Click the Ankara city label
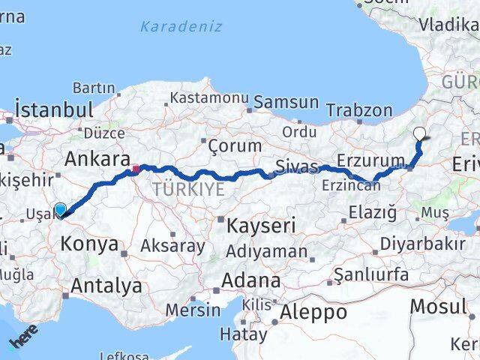pyautogui.click(x=97, y=159)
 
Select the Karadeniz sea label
pyautogui.click(x=181, y=26)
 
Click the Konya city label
pyautogui.click(x=88, y=244)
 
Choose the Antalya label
pyautogui.click(x=107, y=285)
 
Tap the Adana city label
pyautogui.click(x=251, y=282)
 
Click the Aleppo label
pyautogui.click(x=314, y=312)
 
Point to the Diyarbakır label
pyautogui.click(x=422, y=244)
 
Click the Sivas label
pyautogui.click(x=297, y=165)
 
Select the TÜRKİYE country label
pyautogui.click(x=188, y=190)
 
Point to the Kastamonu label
pyautogui.click(x=208, y=98)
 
